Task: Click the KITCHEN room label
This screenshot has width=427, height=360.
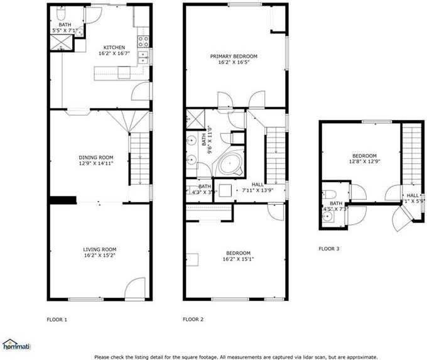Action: (x=114, y=47)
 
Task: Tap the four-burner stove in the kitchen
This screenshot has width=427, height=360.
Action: (x=144, y=41)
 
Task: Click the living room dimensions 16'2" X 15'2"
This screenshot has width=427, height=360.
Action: (x=99, y=256)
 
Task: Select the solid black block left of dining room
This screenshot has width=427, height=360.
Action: (x=63, y=200)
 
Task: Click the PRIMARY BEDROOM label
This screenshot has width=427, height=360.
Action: (x=234, y=56)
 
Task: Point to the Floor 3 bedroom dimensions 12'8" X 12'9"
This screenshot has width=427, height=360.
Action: (x=363, y=161)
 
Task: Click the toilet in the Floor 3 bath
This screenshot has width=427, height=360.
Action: (x=331, y=194)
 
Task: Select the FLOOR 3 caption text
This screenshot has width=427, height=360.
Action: (x=328, y=249)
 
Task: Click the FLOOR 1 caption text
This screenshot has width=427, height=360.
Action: (x=57, y=319)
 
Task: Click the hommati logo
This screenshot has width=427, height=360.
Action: (x=16, y=344)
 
